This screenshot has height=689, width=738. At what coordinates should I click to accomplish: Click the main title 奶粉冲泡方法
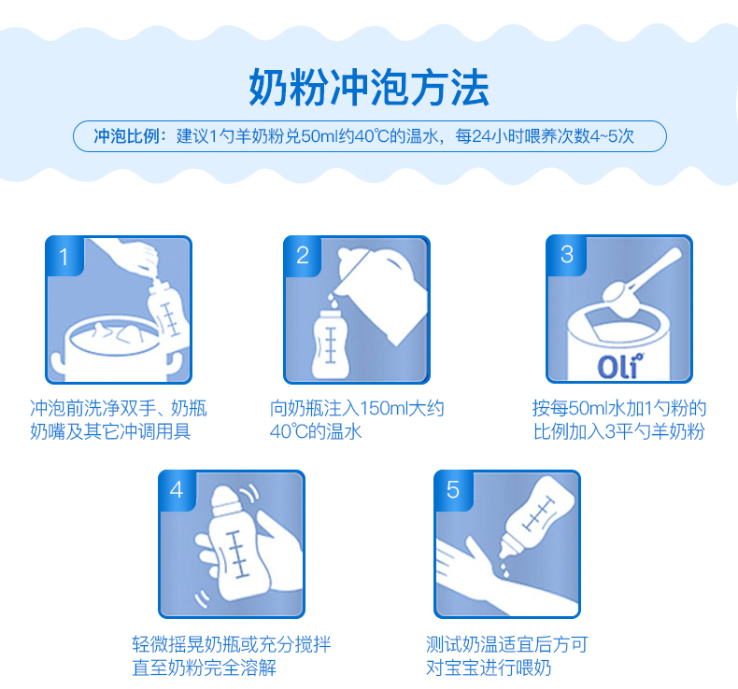point(368,88)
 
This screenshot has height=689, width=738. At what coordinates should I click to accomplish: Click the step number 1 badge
point(65,257)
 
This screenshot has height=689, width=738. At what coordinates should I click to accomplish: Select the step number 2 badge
point(303,256)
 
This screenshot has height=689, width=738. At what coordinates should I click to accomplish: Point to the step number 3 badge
point(567,255)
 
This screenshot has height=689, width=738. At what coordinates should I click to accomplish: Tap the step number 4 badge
point(177,490)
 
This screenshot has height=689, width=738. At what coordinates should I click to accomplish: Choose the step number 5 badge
point(453,490)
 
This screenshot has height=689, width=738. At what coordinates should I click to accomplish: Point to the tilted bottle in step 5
point(536,517)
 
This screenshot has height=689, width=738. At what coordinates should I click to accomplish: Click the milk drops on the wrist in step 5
point(504,570)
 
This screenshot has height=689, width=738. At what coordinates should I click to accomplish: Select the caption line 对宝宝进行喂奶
point(488,668)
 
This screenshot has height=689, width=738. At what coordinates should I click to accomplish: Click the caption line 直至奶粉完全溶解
point(205,668)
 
